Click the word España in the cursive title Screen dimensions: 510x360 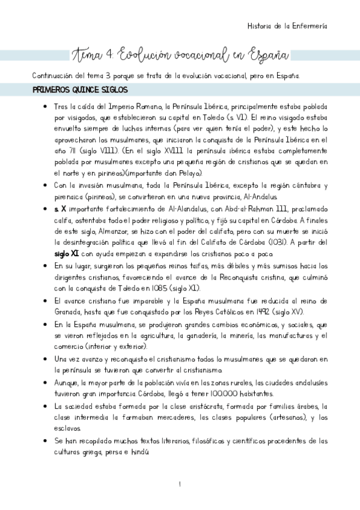(x=264, y=56)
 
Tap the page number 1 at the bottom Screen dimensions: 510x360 (x=180, y=485)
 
